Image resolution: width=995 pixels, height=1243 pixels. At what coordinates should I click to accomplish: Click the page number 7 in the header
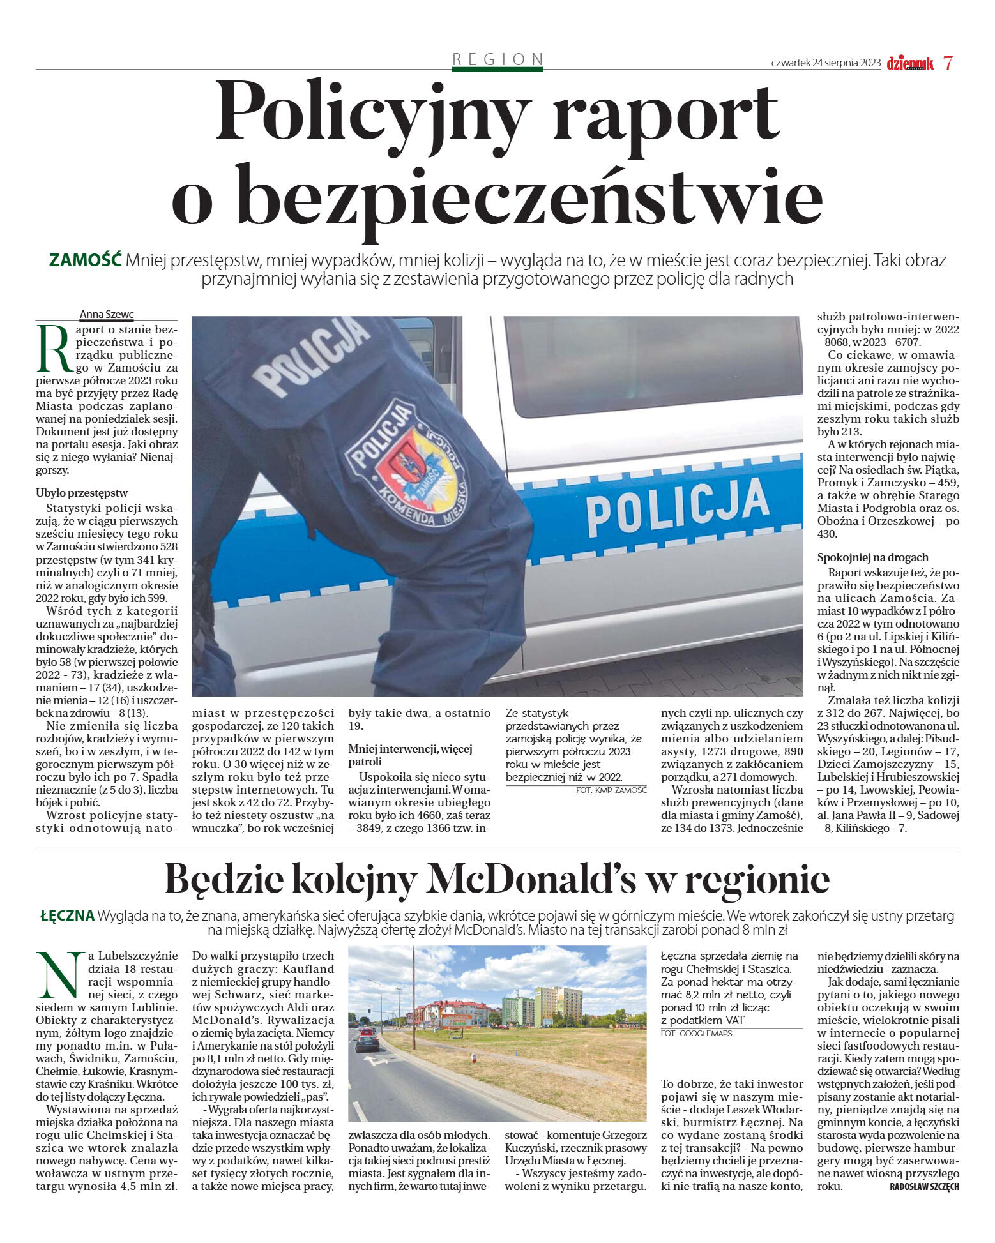(948, 63)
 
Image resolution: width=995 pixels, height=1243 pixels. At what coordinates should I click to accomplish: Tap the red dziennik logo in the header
(910, 63)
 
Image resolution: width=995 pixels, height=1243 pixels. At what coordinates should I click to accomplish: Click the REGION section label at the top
(497, 59)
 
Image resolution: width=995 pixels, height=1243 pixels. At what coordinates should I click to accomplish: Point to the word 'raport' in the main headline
(665, 112)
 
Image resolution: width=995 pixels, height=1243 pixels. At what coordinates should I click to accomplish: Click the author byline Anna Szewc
(107, 314)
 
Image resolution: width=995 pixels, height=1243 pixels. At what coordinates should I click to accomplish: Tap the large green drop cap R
(52, 349)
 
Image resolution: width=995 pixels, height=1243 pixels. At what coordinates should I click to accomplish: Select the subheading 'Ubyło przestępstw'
(82, 493)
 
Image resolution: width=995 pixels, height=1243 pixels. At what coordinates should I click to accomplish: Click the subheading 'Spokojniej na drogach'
(873, 557)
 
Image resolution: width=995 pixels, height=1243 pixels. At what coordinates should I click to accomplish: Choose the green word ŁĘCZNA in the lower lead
(67, 916)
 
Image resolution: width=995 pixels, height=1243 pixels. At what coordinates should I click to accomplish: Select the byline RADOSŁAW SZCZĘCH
(923, 1187)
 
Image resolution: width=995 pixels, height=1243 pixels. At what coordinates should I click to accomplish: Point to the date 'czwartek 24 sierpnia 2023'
(826, 63)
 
